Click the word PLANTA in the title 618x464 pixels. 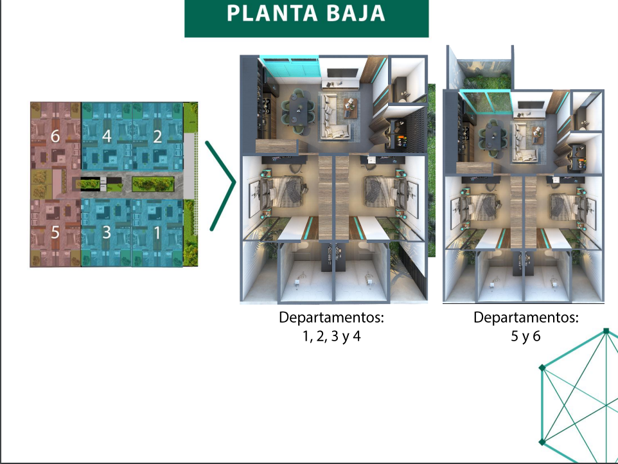(272, 13)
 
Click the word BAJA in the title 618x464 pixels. (356, 13)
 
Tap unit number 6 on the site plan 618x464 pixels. (55, 136)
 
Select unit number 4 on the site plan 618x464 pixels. (107, 136)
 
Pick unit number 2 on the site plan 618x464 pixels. (157, 136)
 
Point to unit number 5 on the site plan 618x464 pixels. (55, 232)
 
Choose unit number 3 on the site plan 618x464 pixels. (107, 232)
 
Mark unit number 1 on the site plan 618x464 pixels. (157, 233)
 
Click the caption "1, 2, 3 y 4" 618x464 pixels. (331, 336)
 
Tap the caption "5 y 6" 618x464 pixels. (525, 336)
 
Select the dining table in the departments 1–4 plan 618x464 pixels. (297, 111)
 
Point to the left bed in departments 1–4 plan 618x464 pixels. (283, 192)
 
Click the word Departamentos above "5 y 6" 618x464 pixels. (525, 317)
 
